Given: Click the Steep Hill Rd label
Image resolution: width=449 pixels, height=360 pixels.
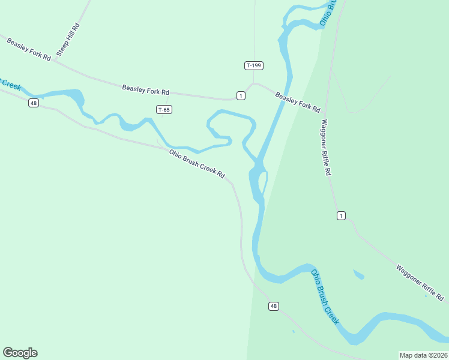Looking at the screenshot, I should pyautogui.click(x=68, y=40).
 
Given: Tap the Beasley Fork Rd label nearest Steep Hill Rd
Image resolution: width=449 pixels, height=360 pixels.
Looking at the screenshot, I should pyautogui.click(x=29, y=47).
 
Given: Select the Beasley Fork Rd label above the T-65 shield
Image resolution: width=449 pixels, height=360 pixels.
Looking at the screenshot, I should pyautogui.click(x=145, y=90).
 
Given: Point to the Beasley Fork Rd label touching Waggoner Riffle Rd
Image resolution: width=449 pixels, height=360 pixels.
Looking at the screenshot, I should pyautogui.click(x=298, y=101).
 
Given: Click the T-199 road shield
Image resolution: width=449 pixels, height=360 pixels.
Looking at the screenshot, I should pyautogui.click(x=254, y=65).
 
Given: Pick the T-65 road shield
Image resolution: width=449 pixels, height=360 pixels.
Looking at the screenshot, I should pyautogui.click(x=164, y=109).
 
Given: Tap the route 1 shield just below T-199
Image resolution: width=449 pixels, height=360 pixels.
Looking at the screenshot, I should pyautogui.click(x=241, y=95).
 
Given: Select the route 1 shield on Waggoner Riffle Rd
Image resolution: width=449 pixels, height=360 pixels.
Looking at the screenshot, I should pyautogui.click(x=341, y=216).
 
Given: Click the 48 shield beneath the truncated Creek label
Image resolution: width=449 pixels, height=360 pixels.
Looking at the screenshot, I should pyautogui.click(x=34, y=103).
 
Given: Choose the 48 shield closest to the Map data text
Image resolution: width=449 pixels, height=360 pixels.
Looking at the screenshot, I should pyautogui.click(x=274, y=306).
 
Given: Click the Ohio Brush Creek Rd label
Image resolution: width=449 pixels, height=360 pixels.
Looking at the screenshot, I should pyautogui.click(x=197, y=164).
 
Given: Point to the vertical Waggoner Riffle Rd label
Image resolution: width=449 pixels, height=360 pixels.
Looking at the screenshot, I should pyautogui.click(x=326, y=147).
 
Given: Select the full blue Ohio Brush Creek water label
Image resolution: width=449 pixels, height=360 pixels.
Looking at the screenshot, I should pyautogui.click(x=325, y=297).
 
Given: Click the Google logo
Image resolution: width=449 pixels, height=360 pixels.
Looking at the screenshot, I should pyautogui.click(x=20, y=353).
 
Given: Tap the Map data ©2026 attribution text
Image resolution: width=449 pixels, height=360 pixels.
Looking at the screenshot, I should pyautogui.click(x=423, y=355).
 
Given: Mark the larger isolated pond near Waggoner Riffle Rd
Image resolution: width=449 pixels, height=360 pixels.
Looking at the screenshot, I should pyautogui.click(x=358, y=275).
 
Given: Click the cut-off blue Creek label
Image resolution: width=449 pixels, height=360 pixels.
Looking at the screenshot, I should pyautogui.click(x=10, y=84).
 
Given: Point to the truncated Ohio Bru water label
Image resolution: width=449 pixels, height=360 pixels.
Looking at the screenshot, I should pyautogui.click(x=333, y=12).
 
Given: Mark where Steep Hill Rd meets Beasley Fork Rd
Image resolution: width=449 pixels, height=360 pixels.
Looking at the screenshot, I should pyautogui.click(x=54, y=61).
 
